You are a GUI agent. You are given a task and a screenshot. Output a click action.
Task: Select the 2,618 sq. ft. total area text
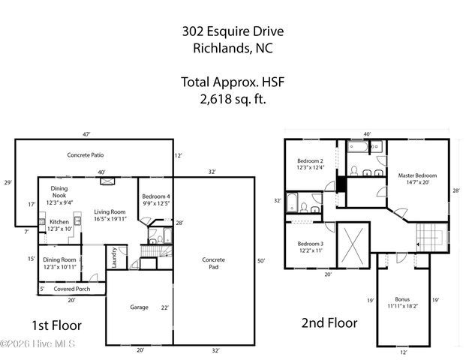[x=232, y=97]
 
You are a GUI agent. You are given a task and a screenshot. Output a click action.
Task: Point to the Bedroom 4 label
[x=156, y=197]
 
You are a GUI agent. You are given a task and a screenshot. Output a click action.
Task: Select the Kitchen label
[x=59, y=222]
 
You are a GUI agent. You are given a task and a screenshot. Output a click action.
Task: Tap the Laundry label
[x=114, y=257]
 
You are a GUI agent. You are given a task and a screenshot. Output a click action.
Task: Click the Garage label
[x=139, y=307]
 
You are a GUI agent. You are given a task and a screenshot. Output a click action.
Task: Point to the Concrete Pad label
[x=213, y=264]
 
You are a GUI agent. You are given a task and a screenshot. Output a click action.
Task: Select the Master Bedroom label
[x=416, y=176]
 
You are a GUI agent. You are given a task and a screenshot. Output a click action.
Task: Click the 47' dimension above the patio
[x=87, y=134]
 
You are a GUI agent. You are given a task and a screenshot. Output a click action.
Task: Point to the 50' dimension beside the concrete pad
[x=260, y=260]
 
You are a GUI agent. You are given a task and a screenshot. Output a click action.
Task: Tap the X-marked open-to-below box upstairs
[x=352, y=244]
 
